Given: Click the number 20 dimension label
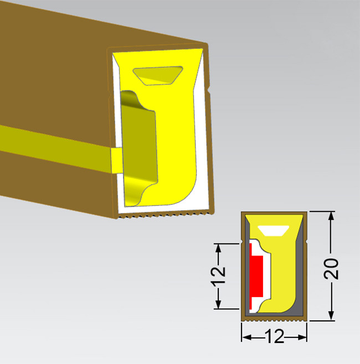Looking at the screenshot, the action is pyautogui.click(x=331, y=269).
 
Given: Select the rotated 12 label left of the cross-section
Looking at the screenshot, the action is pyautogui.click(x=218, y=275).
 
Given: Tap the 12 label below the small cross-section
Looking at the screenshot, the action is pyautogui.click(x=274, y=336).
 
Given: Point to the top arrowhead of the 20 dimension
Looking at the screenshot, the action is pyautogui.click(x=331, y=216).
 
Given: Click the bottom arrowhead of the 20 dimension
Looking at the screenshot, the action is pyautogui.click(x=331, y=316).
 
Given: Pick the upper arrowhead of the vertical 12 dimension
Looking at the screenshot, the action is pyautogui.click(x=218, y=248).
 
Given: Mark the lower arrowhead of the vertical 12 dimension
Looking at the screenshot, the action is pyautogui.click(x=218, y=304).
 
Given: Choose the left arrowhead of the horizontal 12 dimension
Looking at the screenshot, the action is pyautogui.click(x=246, y=337).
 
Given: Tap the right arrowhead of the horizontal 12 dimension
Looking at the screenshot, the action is pyautogui.click(x=302, y=337).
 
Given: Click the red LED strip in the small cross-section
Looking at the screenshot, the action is pyautogui.click(x=256, y=277).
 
